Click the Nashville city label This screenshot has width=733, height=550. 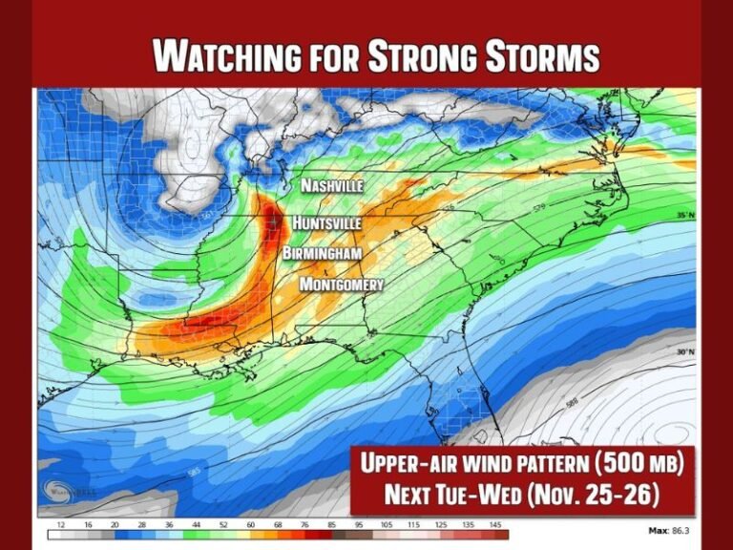(x=332, y=186)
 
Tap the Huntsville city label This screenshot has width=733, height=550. (x=326, y=222)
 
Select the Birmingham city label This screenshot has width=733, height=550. (x=322, y=253)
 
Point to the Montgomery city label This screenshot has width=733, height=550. (x=342, y=285)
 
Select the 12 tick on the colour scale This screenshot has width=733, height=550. (x=61, y=524)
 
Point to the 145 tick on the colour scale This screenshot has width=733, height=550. (x=495, y=524)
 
